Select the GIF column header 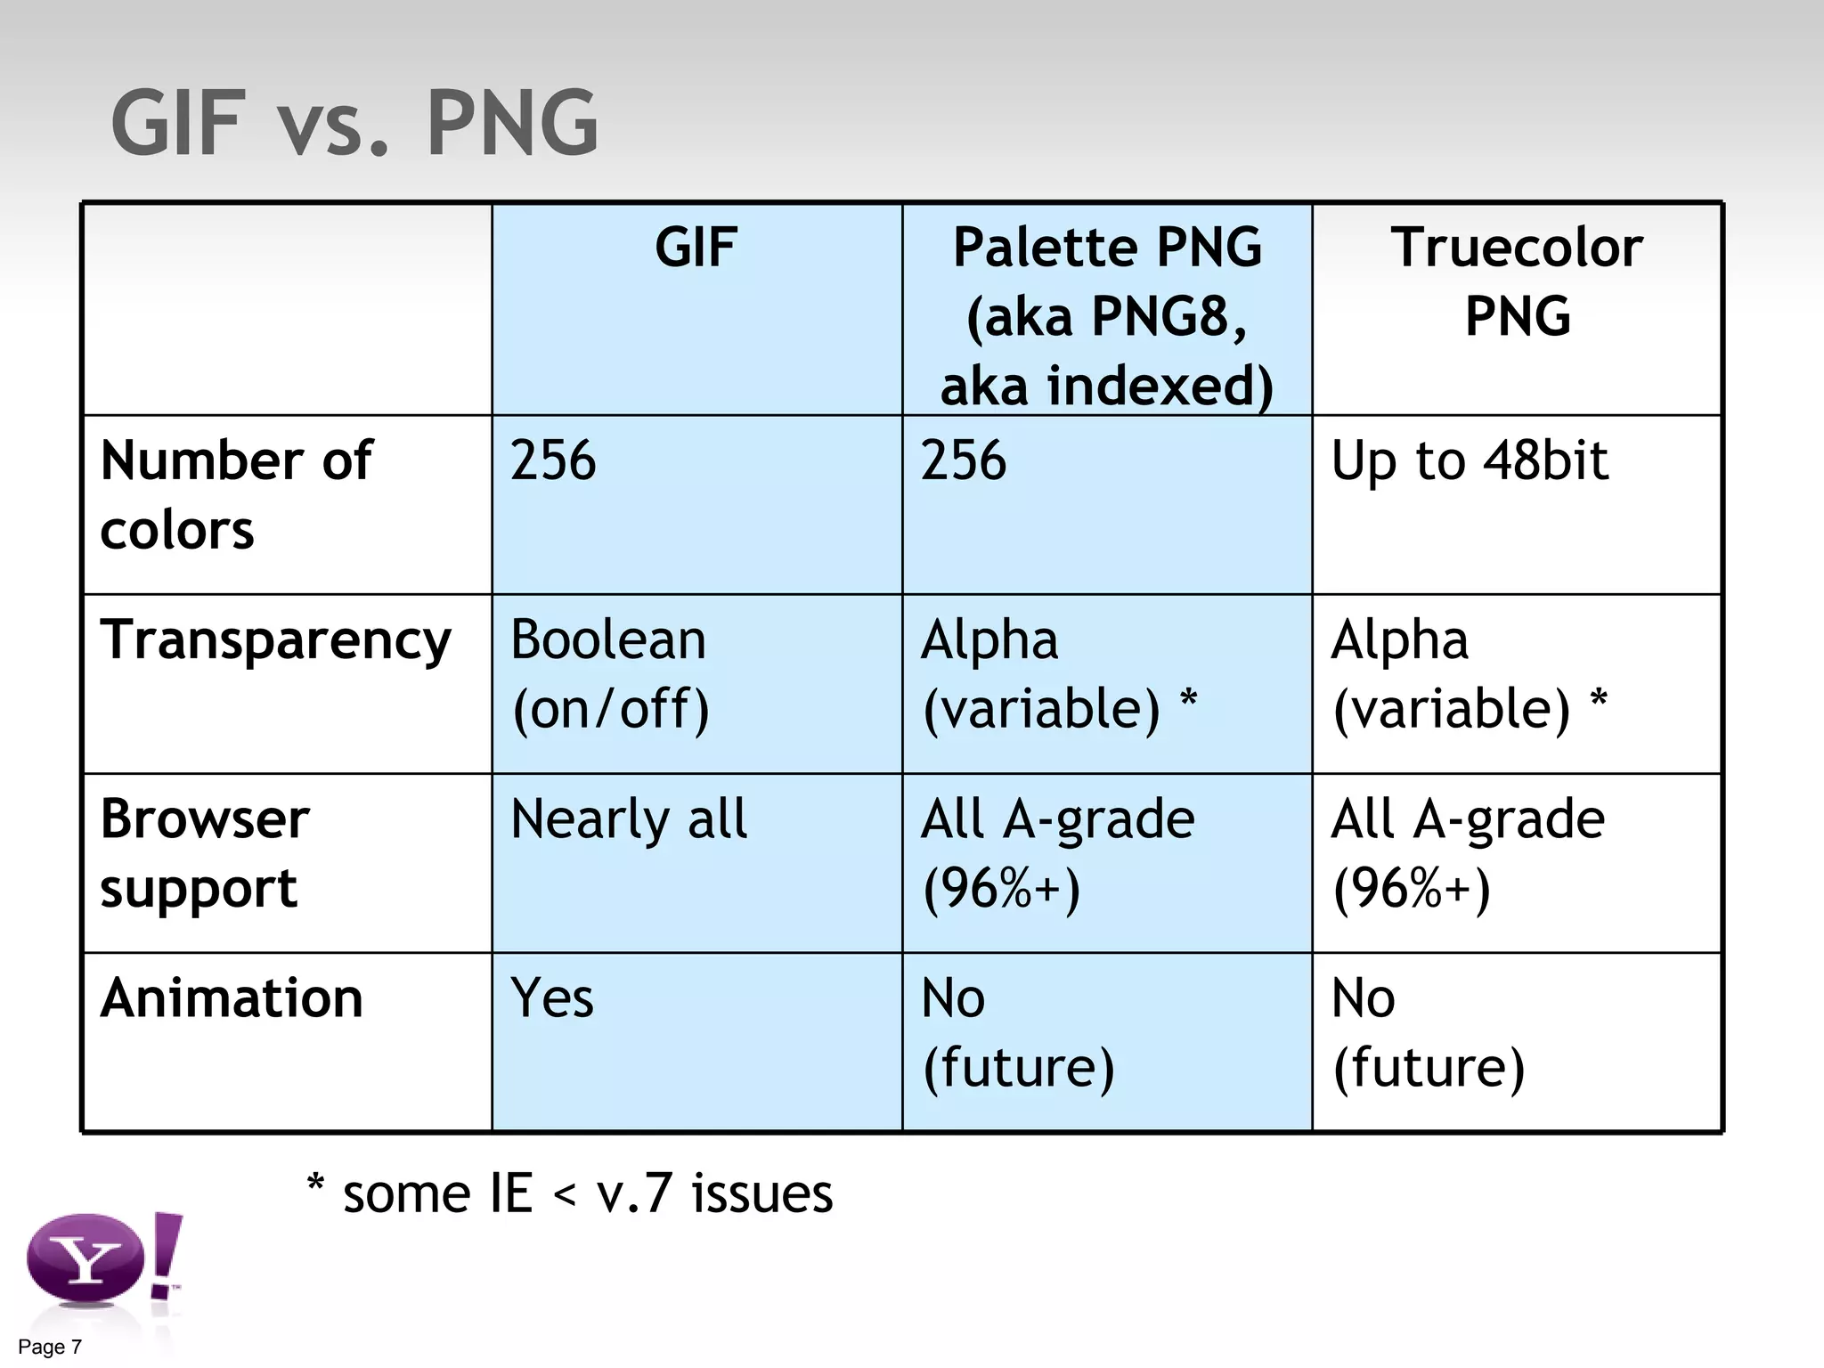[x=696, y=248]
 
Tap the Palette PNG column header [x=1107, y=316]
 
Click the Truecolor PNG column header [x=1517, y=281]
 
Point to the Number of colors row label [x=236, y=495]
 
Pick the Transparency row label [x=276, y=640]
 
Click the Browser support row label [x=205, y=853]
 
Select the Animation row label [x=232, y=997]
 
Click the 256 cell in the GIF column [x=553, y=461]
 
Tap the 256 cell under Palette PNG [x=964, y=461]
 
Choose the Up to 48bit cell [x=1470, y=461]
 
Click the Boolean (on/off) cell [x=610, y=674]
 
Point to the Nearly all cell [x=629, y=819]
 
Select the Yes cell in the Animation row [x=552, y=997]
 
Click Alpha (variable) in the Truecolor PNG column [x=1470, y=674]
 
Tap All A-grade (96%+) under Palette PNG [x=1058, y=853]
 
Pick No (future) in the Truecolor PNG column [x=1429, y=1033]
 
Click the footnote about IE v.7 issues [x=570, y=1193]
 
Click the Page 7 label [x=50, y=1347]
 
